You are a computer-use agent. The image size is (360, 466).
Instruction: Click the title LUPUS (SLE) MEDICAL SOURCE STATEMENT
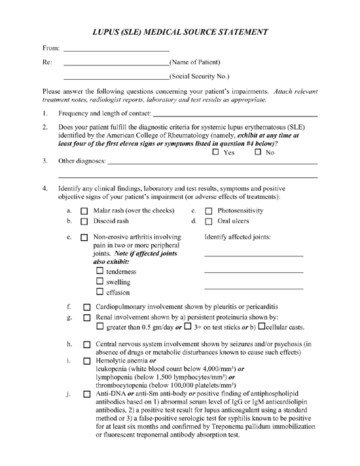coord(180,31)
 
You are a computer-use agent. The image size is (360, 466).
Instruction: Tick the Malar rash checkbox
coord(84,211)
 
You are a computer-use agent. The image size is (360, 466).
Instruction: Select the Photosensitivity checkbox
coord(207,211)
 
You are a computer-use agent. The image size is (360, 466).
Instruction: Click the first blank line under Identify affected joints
coord(253,255)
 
